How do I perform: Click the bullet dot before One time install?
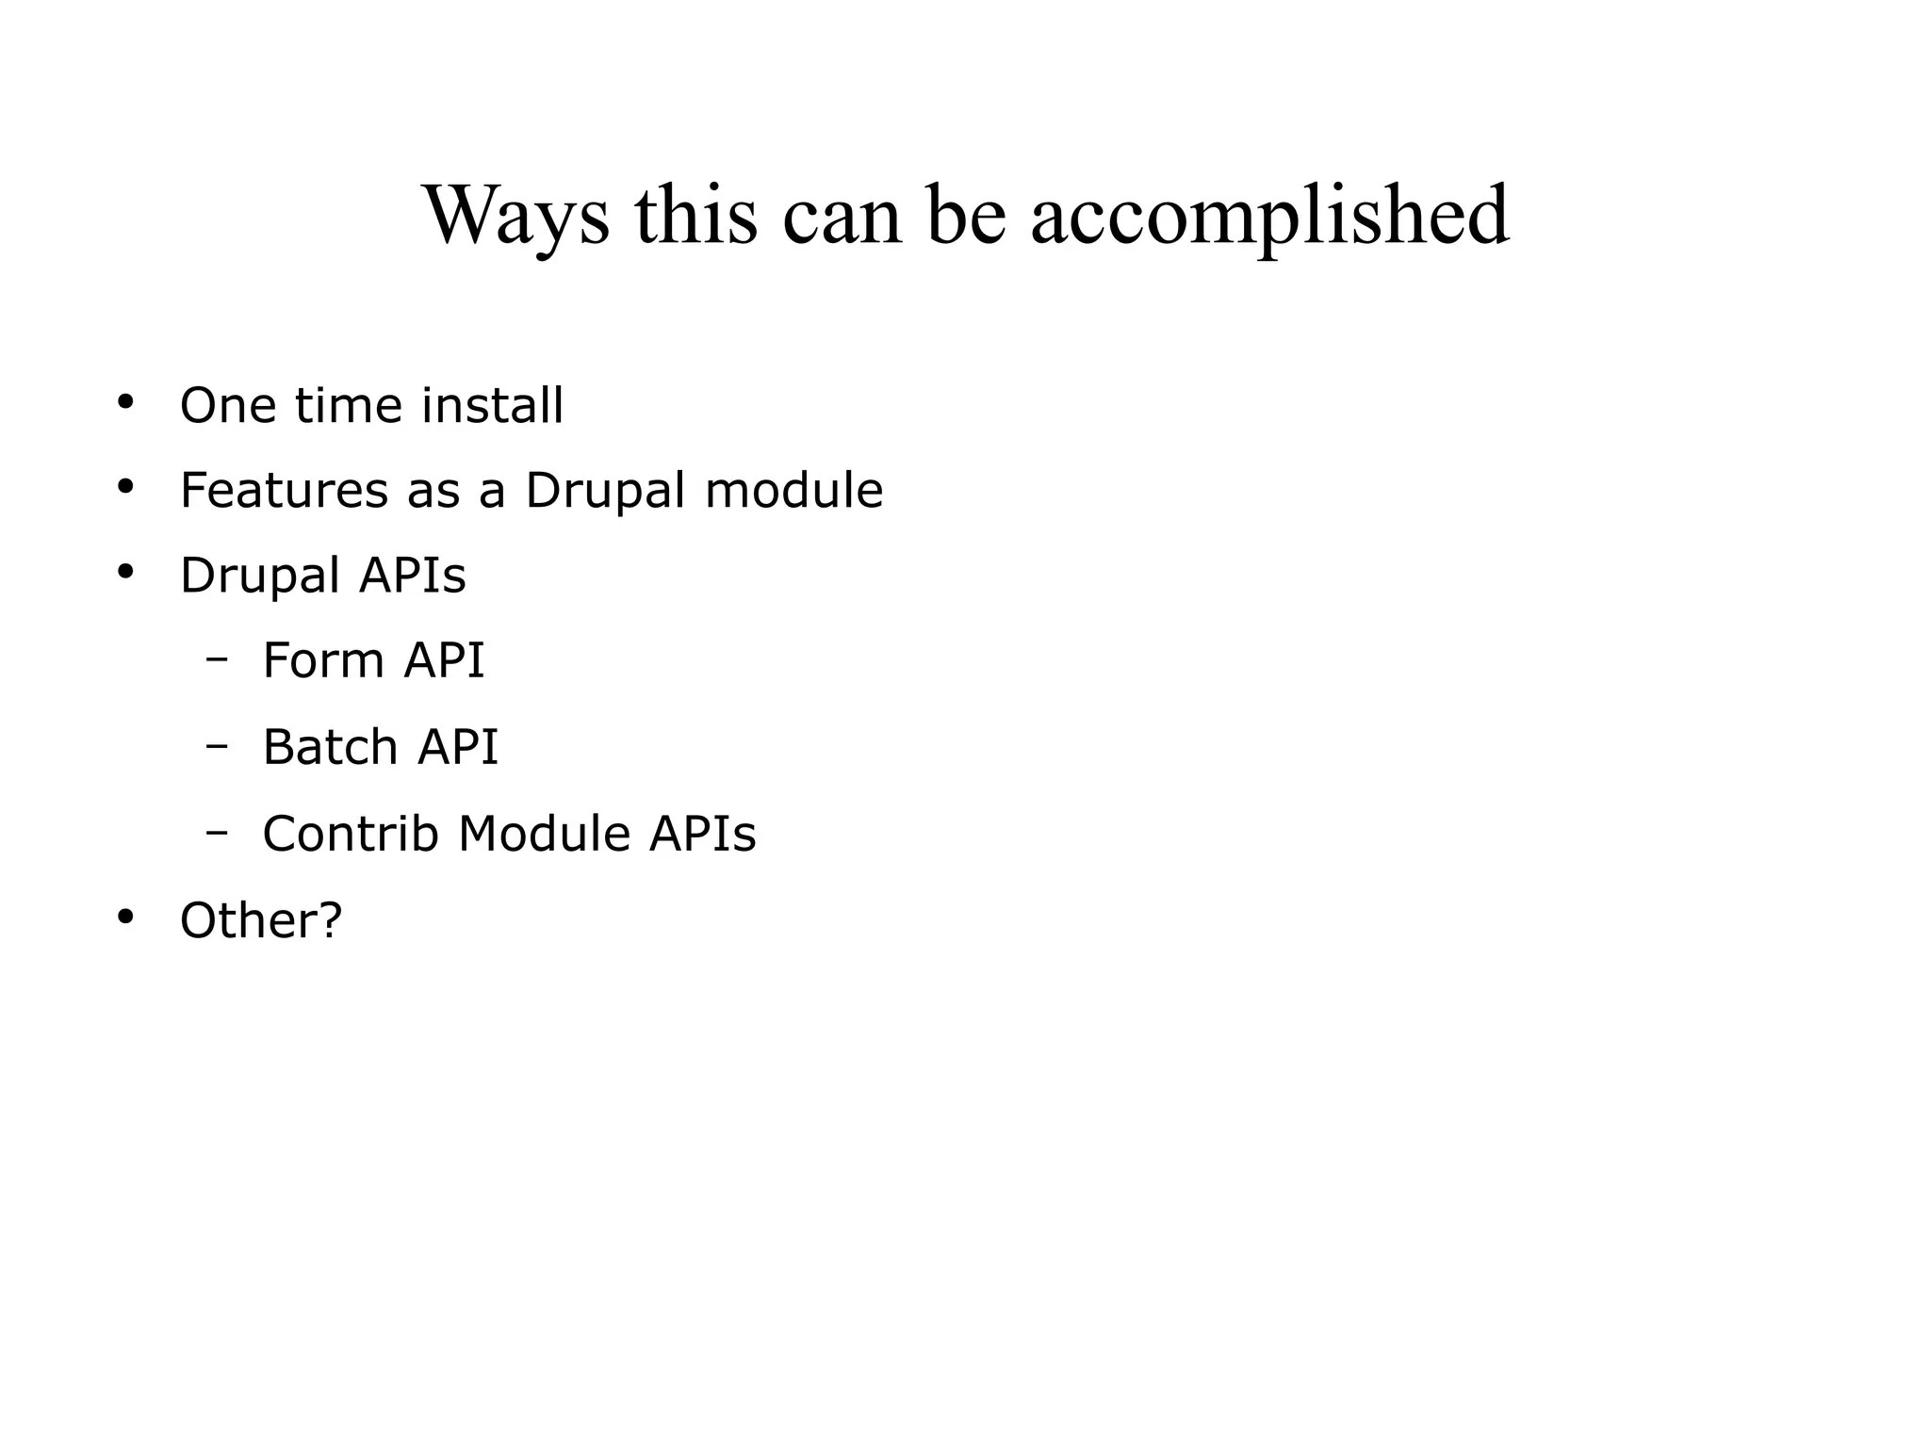[124, 403]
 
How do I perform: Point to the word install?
[492, 405]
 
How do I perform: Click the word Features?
[284, 490]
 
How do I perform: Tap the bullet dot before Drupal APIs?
[124, 572]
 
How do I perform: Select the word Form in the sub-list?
[322, 659]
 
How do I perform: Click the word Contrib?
[351, 834]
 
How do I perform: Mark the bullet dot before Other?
[124, 917]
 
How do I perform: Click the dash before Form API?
[217, 659]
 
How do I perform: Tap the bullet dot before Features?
[124, 487]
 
